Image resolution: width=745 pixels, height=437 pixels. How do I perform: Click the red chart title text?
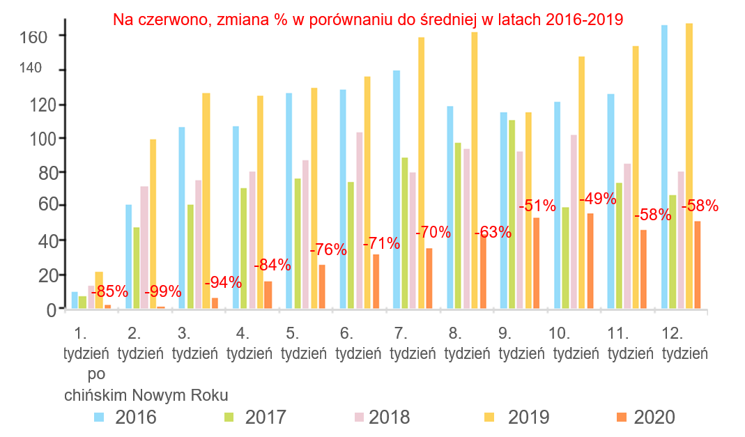pos(368,20)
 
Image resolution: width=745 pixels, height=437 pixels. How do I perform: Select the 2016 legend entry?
pos(125,417)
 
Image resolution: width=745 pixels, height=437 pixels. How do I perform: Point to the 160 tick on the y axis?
pos(32,36)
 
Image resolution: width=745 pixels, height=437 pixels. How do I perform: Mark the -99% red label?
pos(163,291)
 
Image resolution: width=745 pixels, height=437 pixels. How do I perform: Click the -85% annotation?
pos(109,291)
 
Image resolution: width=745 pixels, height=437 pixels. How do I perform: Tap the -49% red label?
pos(598,199)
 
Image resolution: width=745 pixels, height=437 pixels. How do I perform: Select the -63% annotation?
pos(493,232)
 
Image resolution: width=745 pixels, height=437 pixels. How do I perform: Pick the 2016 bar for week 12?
pos(664,167)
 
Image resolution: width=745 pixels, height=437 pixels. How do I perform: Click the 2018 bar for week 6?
pos(360,220)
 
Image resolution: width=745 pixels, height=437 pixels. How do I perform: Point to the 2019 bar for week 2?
pos(153,224)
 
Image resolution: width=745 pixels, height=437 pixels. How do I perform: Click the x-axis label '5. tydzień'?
pos(304,342)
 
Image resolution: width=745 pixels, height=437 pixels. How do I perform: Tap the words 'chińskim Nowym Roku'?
pos(146,395)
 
